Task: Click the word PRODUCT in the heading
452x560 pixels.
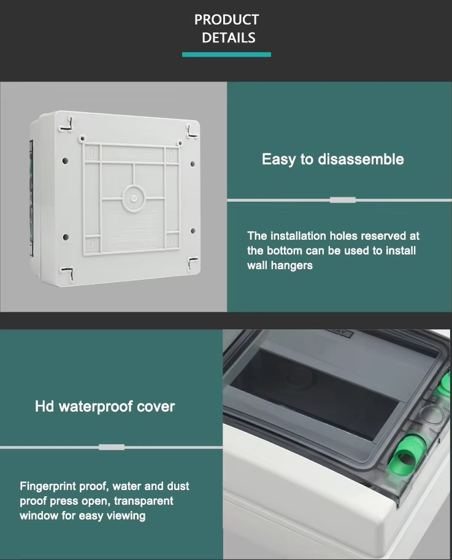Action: point(226,20)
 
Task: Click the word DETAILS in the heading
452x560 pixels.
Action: point(229,37)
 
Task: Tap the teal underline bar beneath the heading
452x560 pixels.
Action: point(226,55)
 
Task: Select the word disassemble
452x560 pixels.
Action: point(361,159)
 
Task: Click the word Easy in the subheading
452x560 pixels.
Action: point(278,159)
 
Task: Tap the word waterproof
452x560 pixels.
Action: point(96,407)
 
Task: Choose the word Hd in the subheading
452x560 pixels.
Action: point(45,406)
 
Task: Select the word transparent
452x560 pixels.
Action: point(144,501)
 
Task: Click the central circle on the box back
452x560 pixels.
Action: point(134,198)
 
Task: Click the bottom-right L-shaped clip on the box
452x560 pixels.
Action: point(192,264)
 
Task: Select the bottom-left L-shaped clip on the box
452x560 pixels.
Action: point(68,273)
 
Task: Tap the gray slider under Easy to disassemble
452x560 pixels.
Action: point(343,200)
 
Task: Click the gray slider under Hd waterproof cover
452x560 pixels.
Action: point(112,447)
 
